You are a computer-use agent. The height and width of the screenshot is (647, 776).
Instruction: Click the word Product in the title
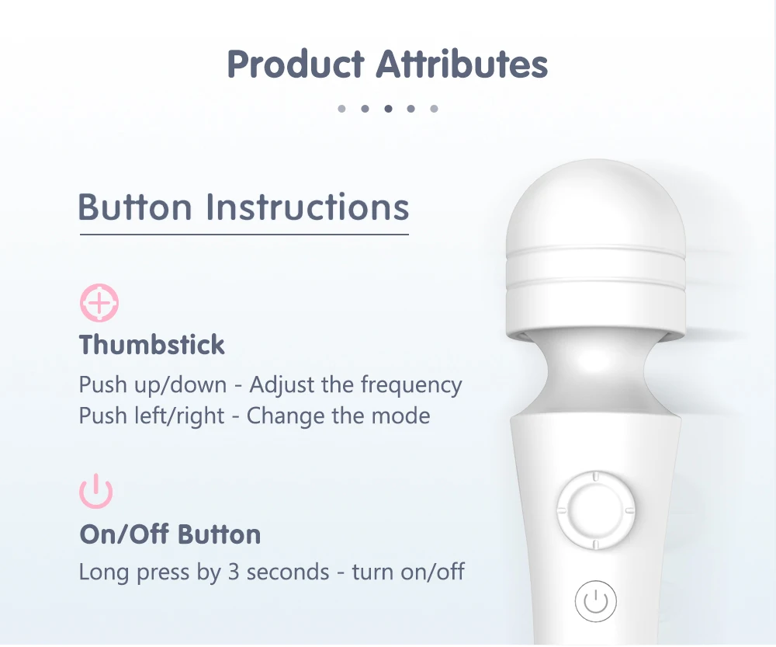(296, 64)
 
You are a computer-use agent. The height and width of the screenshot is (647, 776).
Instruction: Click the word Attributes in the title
(462, 64)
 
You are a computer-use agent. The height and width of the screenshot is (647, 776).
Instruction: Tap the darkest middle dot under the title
(388, 109)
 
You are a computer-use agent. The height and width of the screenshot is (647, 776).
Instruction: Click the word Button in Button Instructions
(134, 207)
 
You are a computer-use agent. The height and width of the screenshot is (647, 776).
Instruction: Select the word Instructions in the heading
(307, 207)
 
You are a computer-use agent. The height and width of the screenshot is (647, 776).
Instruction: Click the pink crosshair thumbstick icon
(99, 303)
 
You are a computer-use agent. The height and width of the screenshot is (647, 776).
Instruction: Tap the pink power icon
(96, 491)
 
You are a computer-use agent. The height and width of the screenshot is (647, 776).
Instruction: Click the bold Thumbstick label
(152, 345)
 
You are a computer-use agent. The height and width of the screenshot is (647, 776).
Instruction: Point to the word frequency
(411, 385)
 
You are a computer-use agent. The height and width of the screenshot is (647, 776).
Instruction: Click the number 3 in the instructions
(234, 572)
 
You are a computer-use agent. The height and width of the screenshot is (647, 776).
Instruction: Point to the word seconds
(288, 572)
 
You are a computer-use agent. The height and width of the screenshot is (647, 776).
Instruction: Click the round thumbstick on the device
(595, 510)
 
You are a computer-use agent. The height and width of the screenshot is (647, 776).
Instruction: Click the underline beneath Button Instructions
(244, 235)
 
